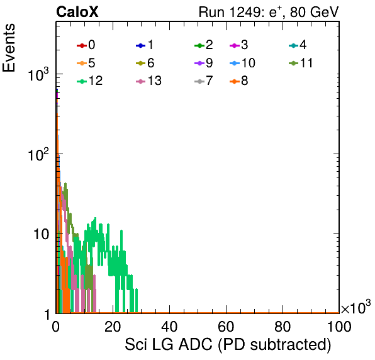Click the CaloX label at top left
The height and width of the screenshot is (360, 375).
point(77,12)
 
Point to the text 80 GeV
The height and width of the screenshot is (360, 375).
point(315,12)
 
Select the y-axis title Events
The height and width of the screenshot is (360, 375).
point(9,48)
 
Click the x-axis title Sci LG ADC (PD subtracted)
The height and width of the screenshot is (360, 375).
point(228,344)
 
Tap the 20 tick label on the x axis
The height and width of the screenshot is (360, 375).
point(113,326)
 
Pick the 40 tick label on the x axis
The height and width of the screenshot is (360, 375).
point(169,326)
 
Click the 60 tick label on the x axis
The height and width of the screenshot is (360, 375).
point(226,326)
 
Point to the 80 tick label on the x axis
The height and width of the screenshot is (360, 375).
point(283,326)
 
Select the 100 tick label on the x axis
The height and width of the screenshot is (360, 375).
point(339,326)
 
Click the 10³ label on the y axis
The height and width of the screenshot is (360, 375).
point(38,75)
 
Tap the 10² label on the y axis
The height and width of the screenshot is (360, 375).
point(38,155)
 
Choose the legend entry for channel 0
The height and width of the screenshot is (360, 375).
point(86,45)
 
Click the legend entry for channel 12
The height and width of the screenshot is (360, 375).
point(90,81)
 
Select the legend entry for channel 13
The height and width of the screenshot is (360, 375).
point(148,81)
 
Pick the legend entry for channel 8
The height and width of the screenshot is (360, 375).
point(239,81)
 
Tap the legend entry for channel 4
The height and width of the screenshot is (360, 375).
point(298,45)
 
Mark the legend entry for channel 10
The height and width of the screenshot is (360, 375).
point(242,63)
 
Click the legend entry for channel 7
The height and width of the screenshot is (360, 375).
point(204,81)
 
